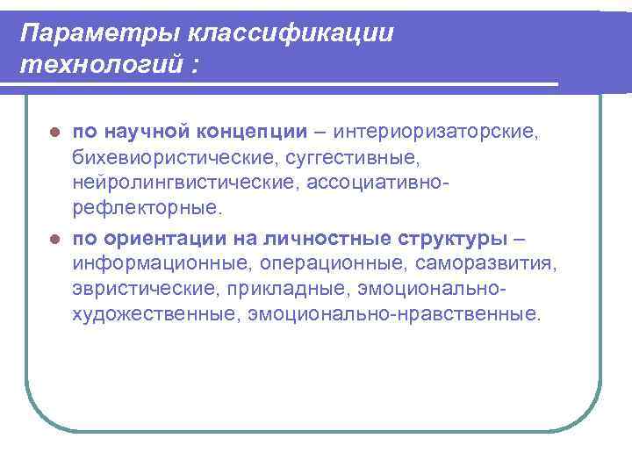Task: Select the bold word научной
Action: [x=148, y=132]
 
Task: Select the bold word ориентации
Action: [x=162, y=238]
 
